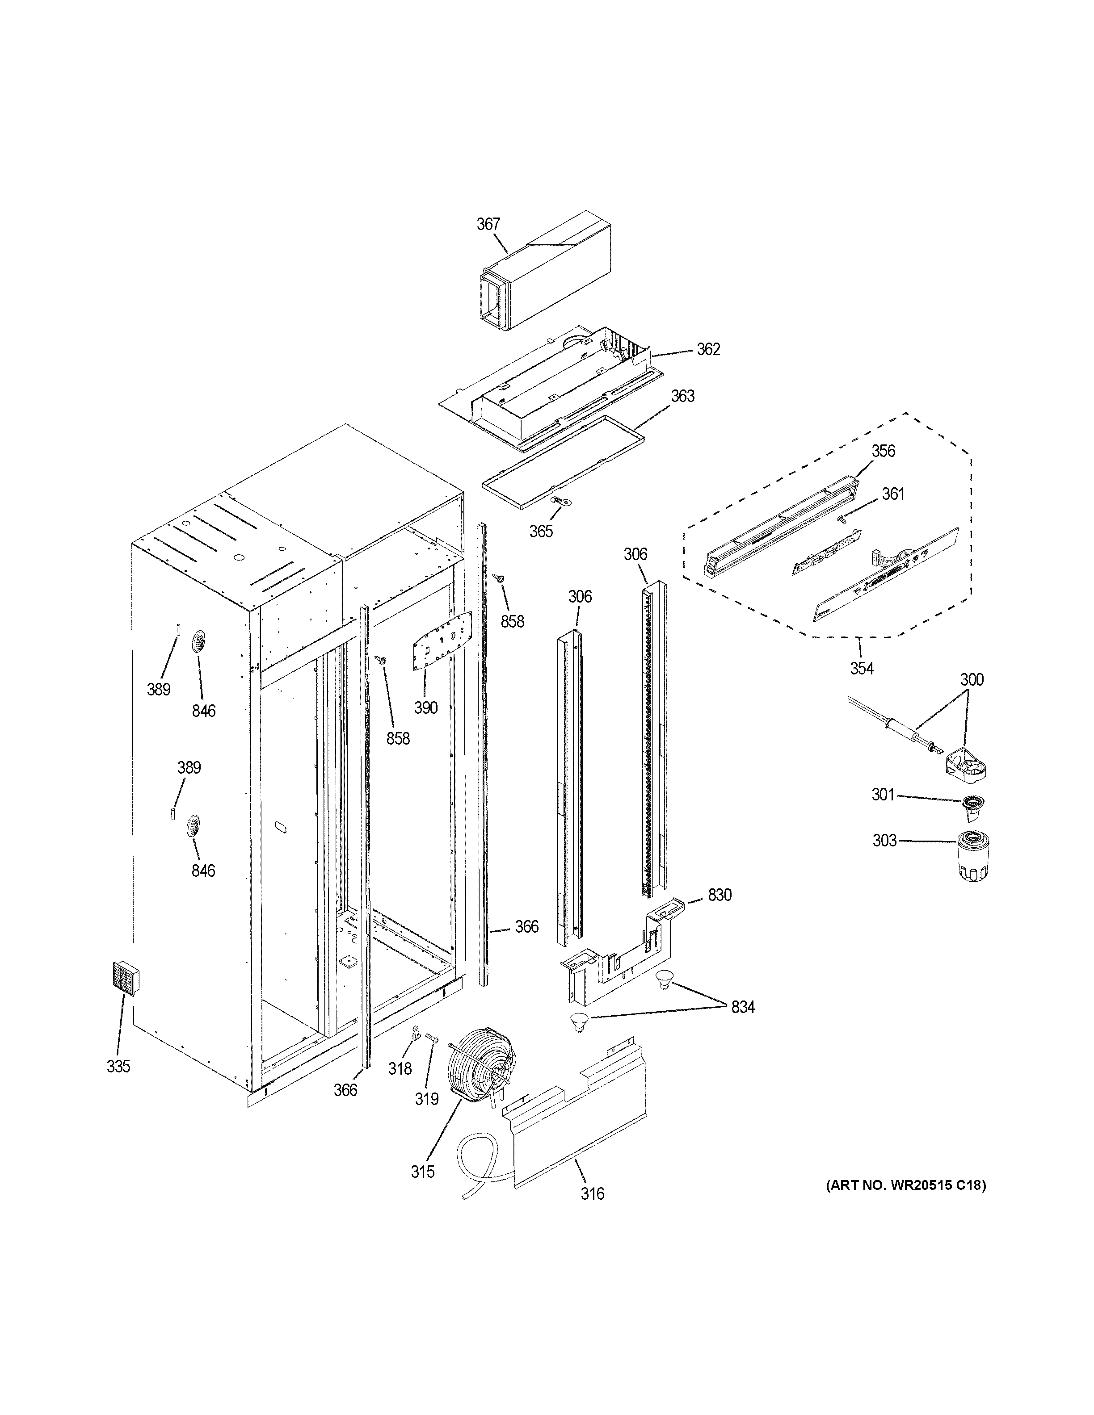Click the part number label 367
click(x=488, y=224)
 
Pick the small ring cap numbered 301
click(x=970, y=804)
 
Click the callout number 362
click(x=708, y=349)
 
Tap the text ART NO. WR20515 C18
click(x=905, y=1186)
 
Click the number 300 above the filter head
click(x=972, y=680)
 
